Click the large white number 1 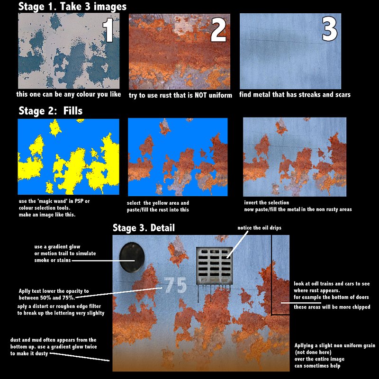tap(108, 30)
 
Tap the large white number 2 tap(218, 30)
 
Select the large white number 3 tap(329, 29)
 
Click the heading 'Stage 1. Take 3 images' tap(72, 7)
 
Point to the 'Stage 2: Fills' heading tap(51, 111)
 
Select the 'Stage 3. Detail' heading tap(144, 228)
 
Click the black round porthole tap(132, 258)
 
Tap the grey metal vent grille tap(214, 266)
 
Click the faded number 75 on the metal tap(175, 285)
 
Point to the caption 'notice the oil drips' tap(259, 228)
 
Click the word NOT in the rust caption tap(200, 95)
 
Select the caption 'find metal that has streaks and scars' tap(295, 94)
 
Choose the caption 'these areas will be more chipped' tap(332, 307)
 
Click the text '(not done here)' tap(313, 352)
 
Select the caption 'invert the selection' tap(266, 203)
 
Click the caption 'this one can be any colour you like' tap(68, 94)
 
